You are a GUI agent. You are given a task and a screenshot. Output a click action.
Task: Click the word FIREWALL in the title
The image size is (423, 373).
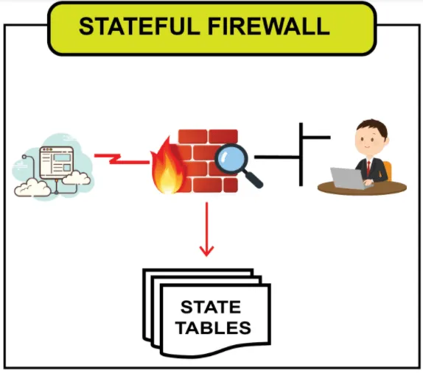click(269, 26)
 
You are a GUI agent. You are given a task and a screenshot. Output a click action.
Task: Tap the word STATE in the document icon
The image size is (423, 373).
click(211, 307)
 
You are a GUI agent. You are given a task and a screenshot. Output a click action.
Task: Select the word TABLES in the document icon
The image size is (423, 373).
click(213, 327)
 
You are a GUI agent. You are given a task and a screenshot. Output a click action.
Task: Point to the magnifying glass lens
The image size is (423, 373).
click(231, 160)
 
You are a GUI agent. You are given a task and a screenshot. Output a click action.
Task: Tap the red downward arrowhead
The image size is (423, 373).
click(206, 251)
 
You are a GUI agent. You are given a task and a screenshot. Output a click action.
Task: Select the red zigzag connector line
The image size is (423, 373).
click(122, 159)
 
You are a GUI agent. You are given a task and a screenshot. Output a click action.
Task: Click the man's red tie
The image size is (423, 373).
click(368, 168)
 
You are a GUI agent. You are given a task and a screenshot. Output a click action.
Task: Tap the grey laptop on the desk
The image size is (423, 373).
click(349, 178)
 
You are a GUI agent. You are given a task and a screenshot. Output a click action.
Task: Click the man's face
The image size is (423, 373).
click(368, 141)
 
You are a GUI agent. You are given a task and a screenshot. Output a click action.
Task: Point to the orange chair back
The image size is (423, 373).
click(388, 171)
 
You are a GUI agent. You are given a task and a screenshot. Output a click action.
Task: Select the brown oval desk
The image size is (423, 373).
click(362, 188)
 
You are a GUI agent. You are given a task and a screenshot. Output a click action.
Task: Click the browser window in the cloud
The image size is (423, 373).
click(57, 163)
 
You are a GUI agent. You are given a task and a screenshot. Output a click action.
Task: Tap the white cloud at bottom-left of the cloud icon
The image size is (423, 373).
click(32, 188)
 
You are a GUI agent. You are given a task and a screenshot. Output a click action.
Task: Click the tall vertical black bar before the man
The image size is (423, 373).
click(301, 154)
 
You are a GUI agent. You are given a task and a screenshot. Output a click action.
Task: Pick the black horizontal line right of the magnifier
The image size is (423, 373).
click(277, 157)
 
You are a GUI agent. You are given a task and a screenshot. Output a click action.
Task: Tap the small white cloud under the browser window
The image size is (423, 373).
click(76, 177)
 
